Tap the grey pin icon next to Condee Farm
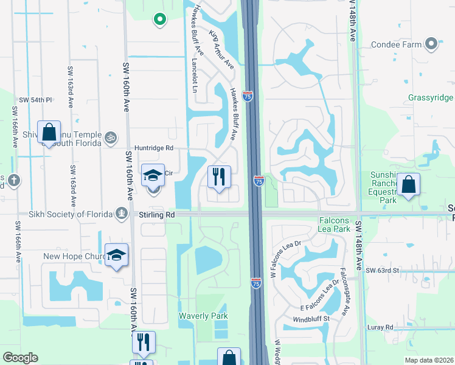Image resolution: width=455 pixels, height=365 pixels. coord(431,44)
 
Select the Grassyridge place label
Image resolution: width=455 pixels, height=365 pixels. coord(431,98)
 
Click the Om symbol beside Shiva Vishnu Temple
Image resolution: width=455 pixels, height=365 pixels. coord(110,136)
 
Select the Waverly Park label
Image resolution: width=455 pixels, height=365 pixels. coord(203,316)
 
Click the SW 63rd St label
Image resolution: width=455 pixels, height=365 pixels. coord(383,269)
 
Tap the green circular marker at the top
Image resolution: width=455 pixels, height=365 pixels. coord(160,20)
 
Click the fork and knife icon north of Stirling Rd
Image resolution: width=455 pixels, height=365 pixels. coord(219,176)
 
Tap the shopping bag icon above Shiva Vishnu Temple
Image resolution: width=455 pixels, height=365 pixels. coord(49,131)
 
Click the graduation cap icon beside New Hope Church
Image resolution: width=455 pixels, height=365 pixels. coord(116,255)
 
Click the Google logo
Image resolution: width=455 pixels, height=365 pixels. coord(20,358)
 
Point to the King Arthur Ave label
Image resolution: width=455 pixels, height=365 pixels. coord(222,48)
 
